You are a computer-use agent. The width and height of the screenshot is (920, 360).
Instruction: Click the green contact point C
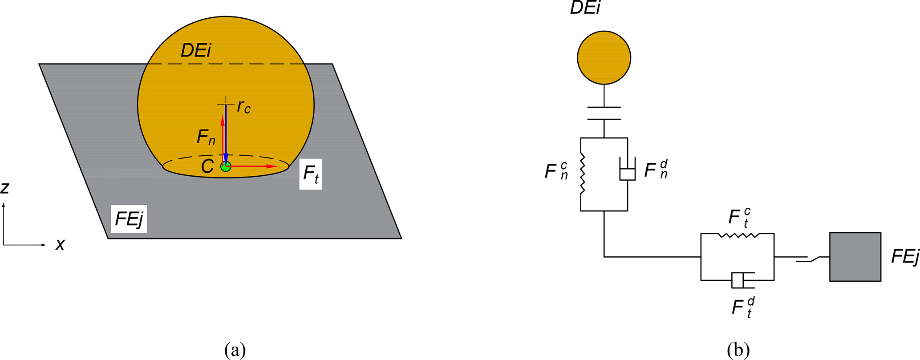(226, 167)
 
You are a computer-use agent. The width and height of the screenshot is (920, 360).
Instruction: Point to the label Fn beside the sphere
(206, 138)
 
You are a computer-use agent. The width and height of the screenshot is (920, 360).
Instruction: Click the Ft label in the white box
(311, 174)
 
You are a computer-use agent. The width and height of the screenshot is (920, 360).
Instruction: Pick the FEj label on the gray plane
(129, 219)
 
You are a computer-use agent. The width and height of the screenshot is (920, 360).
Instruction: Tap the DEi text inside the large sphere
(195, 51)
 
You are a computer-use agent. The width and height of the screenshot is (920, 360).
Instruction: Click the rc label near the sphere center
(244, 106)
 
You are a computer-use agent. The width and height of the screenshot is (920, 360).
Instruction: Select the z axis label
(5, 188)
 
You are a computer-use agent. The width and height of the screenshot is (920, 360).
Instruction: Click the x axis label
(60, 244)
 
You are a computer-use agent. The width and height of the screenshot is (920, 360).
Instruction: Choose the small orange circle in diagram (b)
(604, 57)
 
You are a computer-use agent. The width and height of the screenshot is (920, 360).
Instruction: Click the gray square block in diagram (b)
(855, 257)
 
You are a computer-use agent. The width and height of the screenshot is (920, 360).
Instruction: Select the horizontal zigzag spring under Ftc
(739, 235)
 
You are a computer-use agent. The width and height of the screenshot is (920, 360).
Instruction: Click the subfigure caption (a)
(235, 350)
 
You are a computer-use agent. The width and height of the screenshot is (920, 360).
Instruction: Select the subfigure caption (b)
(738, 350)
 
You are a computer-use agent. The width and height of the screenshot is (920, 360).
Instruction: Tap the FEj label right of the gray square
(905, 257)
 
